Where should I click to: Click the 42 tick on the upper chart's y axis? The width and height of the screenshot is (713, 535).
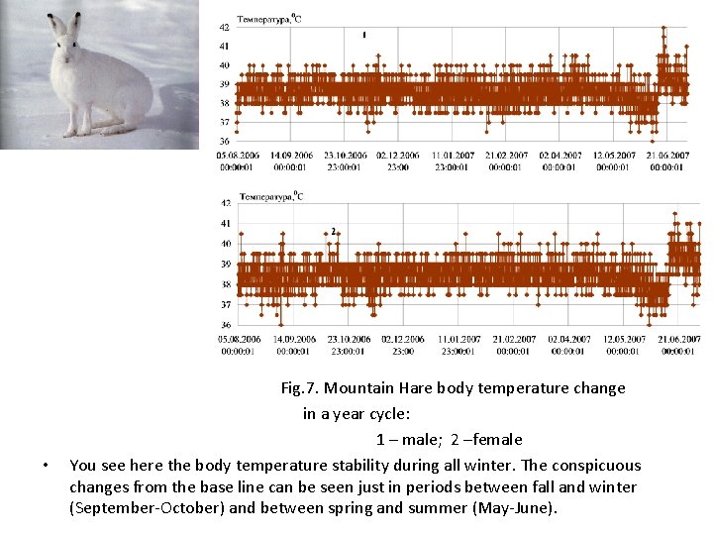[224, 26]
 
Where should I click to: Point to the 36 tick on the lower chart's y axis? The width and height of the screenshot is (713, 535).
[225, 325]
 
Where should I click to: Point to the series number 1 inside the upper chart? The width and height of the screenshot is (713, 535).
[363, 35]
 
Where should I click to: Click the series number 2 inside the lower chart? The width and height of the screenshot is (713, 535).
[334, 232]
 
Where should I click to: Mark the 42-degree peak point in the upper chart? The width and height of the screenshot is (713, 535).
[663, 28]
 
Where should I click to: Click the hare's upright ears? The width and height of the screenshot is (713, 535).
[64, 22]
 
